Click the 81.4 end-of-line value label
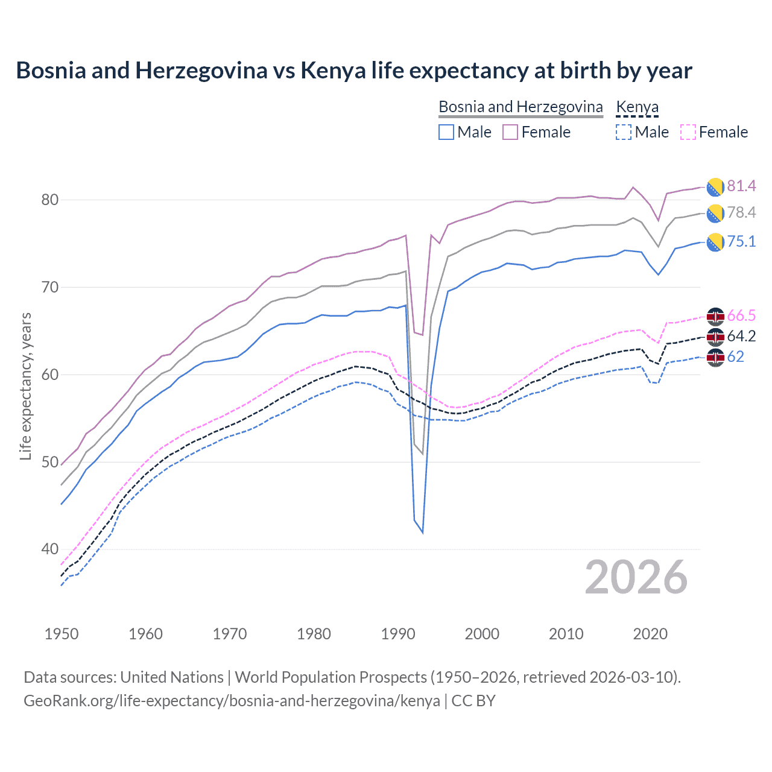[x=741, y=186]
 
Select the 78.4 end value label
[x=741, y=212]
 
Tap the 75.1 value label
[x=741, y=241]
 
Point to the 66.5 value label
[x=741, y=315]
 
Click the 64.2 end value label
[x=741, y=336]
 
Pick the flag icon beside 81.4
[x=715, y=187]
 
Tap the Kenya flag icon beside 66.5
[x=715, y=316]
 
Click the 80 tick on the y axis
[x=50, y=200]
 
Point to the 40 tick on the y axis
[x=50, y=549]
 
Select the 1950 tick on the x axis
[x=62, y=634]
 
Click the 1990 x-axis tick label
[x=398, y=634]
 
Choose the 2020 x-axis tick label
[x=650, y=634]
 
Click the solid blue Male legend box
[x=446, y=132]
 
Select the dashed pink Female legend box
[x=688, y=132]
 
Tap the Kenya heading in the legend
[x=637, y=107]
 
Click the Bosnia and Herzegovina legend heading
[x=520, y=107]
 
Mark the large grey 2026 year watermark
[x=636, y=577]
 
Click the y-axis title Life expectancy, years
[x=25, y=386]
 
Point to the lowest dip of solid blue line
[x=422, y=533]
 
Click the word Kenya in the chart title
[x=333, y=71]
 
